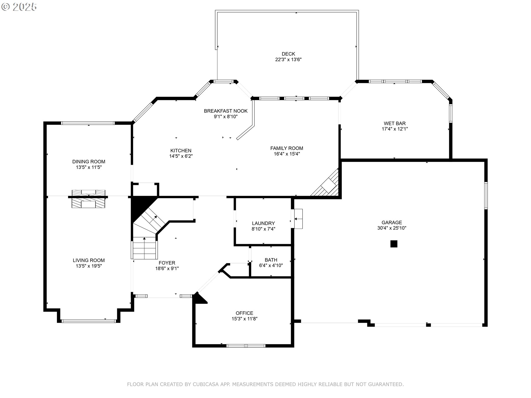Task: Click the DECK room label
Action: point(288,54)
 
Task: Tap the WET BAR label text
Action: point(395,124)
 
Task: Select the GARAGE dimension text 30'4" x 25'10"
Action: point(392,228)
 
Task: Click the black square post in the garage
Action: point(394,244)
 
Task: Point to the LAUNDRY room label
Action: point(263,223)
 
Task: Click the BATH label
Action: point(271,260)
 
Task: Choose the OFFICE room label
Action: point(244,313)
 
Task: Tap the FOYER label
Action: point(167,263)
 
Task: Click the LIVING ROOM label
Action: point(89,260)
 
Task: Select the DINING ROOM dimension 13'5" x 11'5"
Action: point(89,167)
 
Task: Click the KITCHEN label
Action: point(181,151)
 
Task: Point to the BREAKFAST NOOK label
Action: point(226,111)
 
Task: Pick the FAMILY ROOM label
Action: point(287,148)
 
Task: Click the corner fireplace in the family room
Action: point(326,184)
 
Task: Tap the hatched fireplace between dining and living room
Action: point(88,199)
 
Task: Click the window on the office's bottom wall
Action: point(246,346)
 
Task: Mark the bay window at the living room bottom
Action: point(88,321)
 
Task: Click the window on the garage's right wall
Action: point(486,195)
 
